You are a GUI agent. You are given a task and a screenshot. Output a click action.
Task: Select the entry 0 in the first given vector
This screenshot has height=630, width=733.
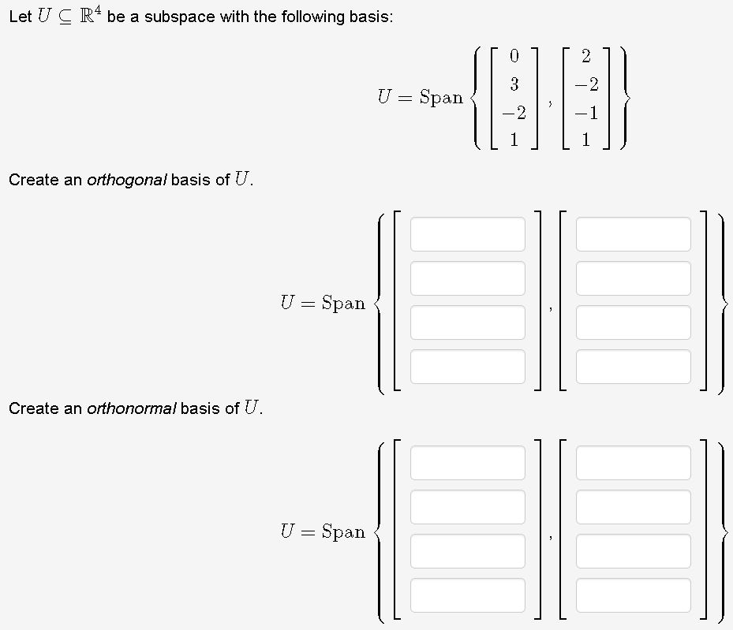click(514, 56)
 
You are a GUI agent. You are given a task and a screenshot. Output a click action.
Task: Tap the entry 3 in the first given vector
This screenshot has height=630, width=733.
click(514, 84)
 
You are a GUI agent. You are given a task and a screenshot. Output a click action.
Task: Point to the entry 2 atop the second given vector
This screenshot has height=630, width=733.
click(585, 56)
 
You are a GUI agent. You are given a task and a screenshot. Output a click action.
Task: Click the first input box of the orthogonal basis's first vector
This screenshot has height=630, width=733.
click(467, 234)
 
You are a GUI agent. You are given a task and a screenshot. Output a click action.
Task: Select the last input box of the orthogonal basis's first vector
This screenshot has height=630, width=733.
click(467, 367)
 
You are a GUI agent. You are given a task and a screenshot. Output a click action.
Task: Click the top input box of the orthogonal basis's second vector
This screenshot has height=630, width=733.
click(633, 234)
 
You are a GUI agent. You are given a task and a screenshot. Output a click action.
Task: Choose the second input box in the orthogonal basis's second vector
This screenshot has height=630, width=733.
click(633, 278)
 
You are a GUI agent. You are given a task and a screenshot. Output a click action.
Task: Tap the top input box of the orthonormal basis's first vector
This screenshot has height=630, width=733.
click(467, 463)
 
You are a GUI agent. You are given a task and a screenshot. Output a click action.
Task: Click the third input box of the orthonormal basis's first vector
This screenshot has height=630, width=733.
click(467, 551)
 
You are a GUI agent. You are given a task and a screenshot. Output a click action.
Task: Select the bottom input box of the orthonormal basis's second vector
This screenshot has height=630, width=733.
click(633, 595)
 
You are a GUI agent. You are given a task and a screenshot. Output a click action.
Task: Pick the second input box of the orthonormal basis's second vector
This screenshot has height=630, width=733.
click(633, 507)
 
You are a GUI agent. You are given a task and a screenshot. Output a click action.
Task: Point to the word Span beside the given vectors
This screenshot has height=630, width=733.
click(441, 98)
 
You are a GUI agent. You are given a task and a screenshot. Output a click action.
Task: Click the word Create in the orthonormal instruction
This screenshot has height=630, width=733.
click(32, 408)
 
